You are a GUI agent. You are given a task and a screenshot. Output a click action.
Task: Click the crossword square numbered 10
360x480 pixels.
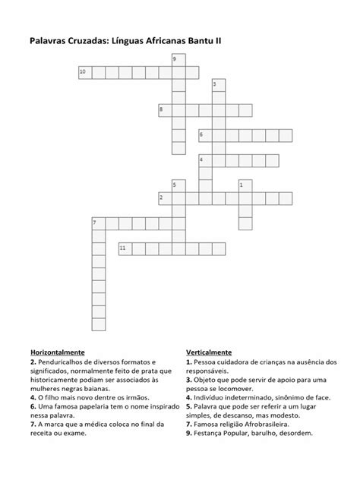point(84,72)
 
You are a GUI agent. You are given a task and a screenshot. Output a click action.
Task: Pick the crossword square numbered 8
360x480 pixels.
point(165,110)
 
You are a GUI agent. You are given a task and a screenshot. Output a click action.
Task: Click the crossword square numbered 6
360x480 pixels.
point(204,135)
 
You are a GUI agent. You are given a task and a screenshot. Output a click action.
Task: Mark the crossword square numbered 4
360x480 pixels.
point(204,160)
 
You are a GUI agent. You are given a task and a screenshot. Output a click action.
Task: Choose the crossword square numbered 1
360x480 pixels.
point(244,185)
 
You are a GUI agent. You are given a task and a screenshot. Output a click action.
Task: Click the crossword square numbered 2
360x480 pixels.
point(165,198)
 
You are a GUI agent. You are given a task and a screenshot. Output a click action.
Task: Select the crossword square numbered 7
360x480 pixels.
point(98,223)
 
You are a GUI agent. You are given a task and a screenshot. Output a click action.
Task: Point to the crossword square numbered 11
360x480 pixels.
point(125,248)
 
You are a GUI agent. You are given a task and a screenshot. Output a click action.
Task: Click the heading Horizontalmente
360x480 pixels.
point(57,353)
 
